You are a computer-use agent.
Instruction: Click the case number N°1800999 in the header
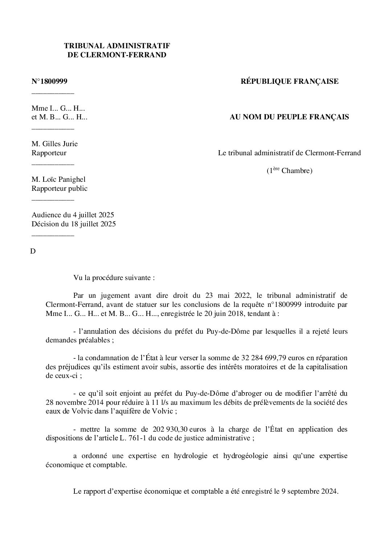point(49,81)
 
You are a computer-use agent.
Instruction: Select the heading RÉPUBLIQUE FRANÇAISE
point(289,81)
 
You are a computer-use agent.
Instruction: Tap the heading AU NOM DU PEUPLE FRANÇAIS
point(289,117)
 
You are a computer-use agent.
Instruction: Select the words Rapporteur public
point(60,188)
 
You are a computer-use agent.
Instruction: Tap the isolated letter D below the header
point(33,251)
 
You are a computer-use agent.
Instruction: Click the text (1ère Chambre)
point(289,170)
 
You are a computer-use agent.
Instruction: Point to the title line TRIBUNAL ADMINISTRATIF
point(117,46)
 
